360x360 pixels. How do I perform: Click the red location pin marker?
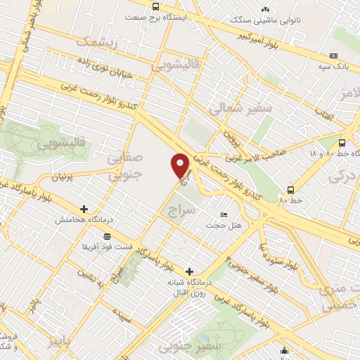tap(181, 165)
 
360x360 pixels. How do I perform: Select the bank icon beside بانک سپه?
tap(333, 56)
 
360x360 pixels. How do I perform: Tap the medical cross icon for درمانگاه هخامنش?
tap(84, 209)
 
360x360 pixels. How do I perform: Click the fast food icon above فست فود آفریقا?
tap(106, 236)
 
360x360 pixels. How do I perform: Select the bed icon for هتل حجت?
tap(224, 214)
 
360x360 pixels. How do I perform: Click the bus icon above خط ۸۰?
tap(291, 190)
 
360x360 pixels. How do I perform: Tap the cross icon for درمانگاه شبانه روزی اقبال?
tap(188, 271)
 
